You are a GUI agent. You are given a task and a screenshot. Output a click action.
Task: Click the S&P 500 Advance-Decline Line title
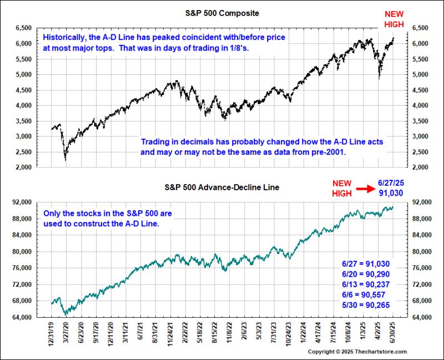[x=222, y=187]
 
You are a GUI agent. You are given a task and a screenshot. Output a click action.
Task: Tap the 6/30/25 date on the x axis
[x=393, y=332]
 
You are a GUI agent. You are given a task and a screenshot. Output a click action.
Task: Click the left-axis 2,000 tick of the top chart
[x=24, y=167]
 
